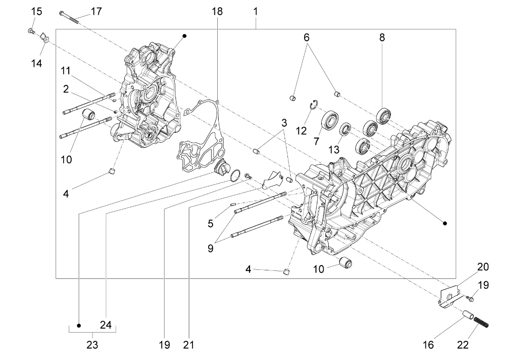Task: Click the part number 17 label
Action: pyautogui.click(x=96, y=11)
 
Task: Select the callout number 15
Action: pyautogui.click(x=37, y=11)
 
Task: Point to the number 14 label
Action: pyautogui.click(x=37, y=63)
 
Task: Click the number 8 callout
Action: pyautogui.click(x=382, y=37)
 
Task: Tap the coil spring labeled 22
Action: pyautogui.click(x=481, y=323)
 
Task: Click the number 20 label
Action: pyautogui.click(x=483, y=267)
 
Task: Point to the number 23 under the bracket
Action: pyautogui.click(x=92, y=344)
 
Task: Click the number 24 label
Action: pyautogui.click(x=105, y=325)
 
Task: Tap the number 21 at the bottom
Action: pyautogui.click(x=188, y=344)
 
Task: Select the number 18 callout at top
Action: pyautogui.click(x=217, y=11)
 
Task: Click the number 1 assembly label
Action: pyautogui.click(x=255, y=11)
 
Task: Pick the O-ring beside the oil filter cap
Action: pyautogui.click(x=235, y=175)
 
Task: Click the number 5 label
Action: pyautogui.click(x=211, y=223)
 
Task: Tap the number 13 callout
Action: pyautogui.click(x=334, y=149)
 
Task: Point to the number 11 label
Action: pyautogui.click(x=65, y=71)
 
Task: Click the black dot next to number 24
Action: pyautogui.click(x=79, y=325)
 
